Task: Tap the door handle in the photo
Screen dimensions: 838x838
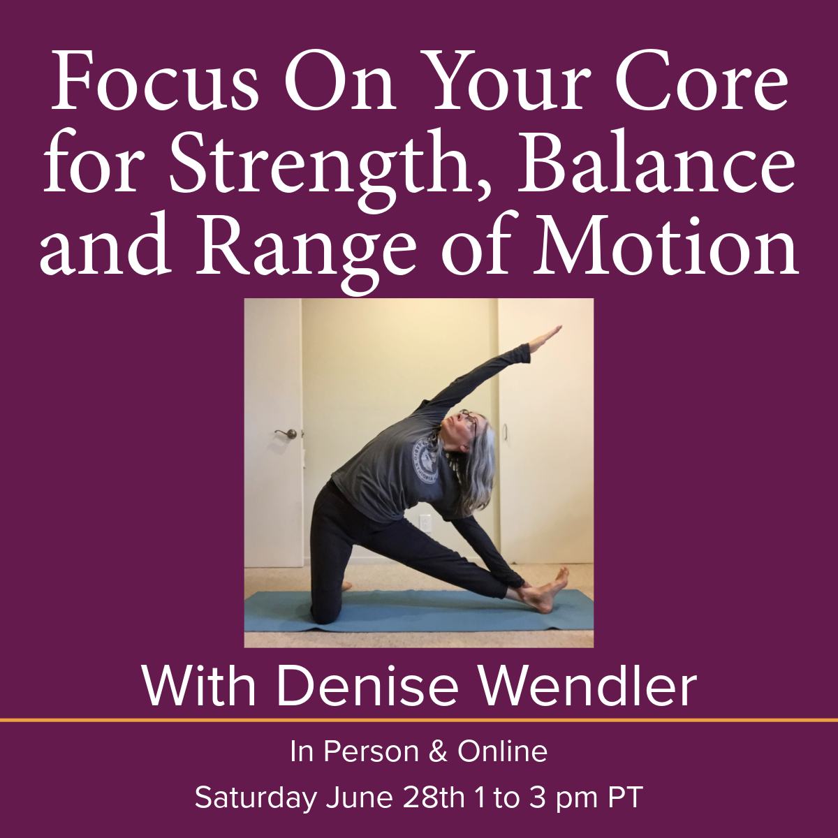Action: [x=287, y=433]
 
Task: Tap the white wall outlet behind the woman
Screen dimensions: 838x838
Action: [x=425, y=522]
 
